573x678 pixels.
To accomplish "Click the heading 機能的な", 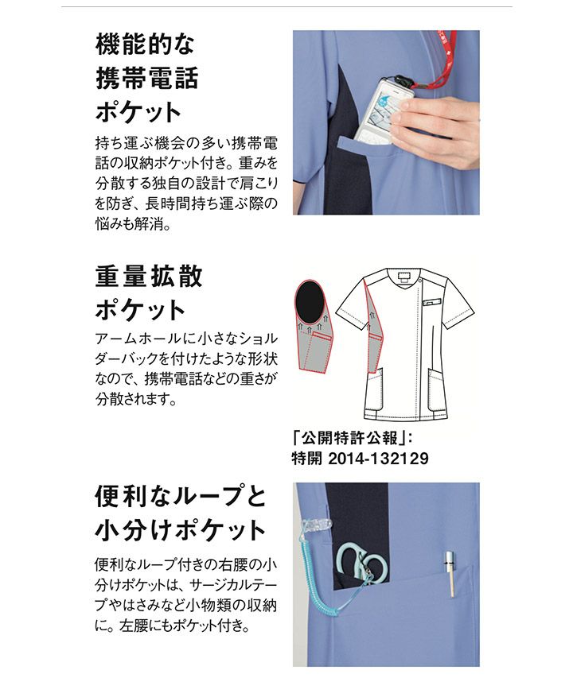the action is click(x=145, y=44).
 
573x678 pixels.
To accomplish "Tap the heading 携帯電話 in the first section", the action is click(x=146, y=78).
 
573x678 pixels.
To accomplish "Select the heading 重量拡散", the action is click(x=149, y=276).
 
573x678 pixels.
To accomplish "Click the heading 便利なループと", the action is click(x=181, y=497).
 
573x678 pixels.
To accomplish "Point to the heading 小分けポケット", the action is click(x=180, y=530).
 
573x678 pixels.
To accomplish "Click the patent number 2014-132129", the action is click(x=378, y=459).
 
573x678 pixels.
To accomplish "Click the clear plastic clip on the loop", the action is click(x=314, y=524).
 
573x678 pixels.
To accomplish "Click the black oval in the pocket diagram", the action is click(x=309, y=301).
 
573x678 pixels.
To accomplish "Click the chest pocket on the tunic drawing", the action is click(x=431, y=301).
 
